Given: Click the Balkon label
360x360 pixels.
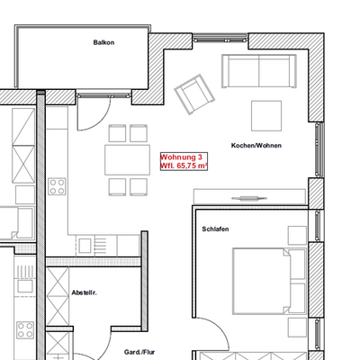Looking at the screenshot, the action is (x=103, y=42).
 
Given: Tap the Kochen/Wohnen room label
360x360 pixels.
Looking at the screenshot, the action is (x=256, y=146).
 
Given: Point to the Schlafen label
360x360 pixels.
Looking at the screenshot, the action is (x=215, y=229).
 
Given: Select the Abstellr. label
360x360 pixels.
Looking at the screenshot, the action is (x=84, y=292).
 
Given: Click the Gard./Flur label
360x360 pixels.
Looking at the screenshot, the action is (x=139, y=352).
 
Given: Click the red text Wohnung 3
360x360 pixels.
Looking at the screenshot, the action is (x=182, y=157).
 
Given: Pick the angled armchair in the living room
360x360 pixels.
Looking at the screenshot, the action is (x=194, y=94).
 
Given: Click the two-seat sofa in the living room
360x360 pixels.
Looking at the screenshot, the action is (x=259, y=71).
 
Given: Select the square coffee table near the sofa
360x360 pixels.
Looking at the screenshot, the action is (x=266, y=116).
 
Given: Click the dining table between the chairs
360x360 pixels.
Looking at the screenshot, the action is (x=128, y=160).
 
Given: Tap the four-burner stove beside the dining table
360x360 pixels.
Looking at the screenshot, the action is (x=57, y=186).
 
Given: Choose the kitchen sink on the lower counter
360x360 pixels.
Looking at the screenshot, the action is (x=85, y=246).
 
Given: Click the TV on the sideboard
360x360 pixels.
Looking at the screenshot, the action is (x=249, y=198).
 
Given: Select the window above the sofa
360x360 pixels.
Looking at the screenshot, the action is (x=220, y=38).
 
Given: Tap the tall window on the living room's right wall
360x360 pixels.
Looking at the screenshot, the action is (x=319, y=149).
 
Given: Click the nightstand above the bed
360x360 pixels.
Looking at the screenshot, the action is (x=297, y=236).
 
